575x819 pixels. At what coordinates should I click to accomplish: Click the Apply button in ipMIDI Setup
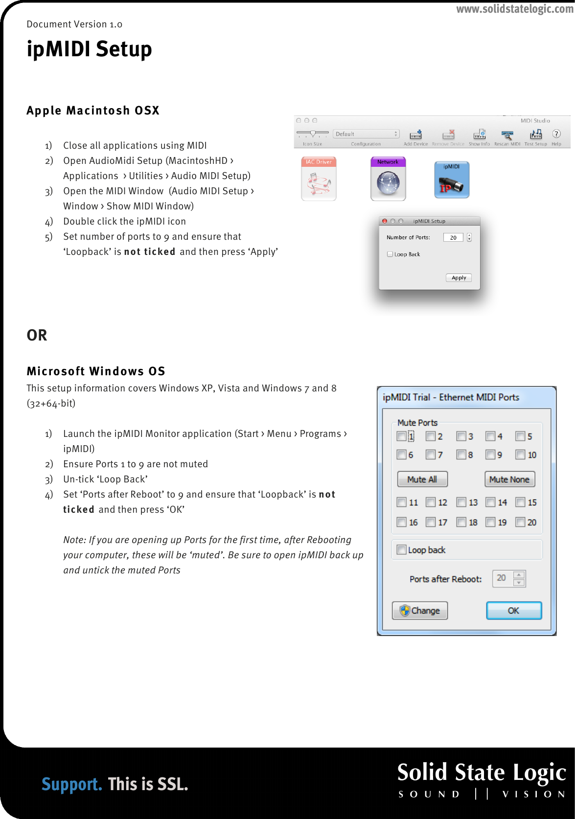click(x=459, y=277)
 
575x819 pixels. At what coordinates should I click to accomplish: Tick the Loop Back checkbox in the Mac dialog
click(x=390, y=254)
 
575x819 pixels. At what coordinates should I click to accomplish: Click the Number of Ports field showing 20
click(x=453, y=237)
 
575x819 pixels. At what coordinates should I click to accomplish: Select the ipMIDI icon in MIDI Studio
click(x=452, y=180)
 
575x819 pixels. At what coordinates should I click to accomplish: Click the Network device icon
click(x=388, y=179)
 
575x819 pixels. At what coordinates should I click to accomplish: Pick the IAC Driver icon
click(x=319, y=179)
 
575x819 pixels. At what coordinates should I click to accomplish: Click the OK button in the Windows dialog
click(x=513, y=611)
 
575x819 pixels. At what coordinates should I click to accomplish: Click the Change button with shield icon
click(x=420, y=611)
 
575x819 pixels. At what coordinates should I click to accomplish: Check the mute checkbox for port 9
click(x=490, y=455)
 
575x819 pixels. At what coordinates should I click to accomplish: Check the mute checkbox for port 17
click(x=431, y=522)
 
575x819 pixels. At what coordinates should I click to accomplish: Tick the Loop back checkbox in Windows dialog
click(x=402, y=550)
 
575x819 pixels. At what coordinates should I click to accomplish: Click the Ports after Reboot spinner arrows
click(x=519, y=578)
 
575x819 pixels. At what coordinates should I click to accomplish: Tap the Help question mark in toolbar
click(x=556, y=134)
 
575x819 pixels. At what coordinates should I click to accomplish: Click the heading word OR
click(x=37, y=335)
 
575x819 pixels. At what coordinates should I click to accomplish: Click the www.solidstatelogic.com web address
click(x=515, y=9)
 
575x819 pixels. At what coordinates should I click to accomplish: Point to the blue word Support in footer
click(x=71, y=784)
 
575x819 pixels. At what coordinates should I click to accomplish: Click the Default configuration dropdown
click(x=366, y=134)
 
